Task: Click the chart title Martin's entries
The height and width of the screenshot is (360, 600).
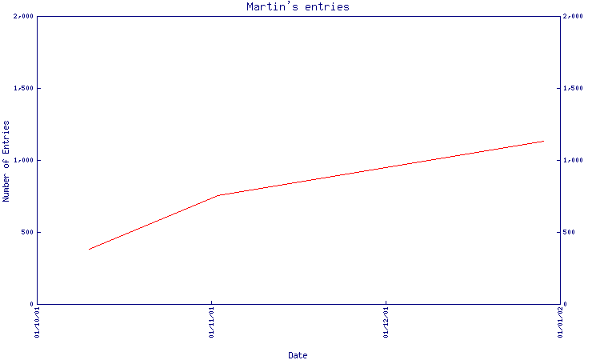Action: point(298,7)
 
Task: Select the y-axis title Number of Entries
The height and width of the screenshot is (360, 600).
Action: point(6,161)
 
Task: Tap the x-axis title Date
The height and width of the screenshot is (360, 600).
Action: point(298,355)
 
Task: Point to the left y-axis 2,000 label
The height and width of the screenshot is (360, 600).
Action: point(23,16)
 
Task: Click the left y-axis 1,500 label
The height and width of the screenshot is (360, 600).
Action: point(23,88)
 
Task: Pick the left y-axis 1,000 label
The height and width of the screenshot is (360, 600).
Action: point(23,160)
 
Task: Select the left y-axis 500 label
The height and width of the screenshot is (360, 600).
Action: point(27,232)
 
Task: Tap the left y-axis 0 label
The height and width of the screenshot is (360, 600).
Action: point(32,304)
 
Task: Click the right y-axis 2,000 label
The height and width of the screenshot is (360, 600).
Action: point(573,16)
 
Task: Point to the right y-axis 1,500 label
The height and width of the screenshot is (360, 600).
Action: point(573,88)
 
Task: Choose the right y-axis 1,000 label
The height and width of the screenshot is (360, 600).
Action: point(573,160)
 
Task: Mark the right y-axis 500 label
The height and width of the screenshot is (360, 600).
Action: point(569,232)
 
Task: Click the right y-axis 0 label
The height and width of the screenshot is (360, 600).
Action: point(565,304)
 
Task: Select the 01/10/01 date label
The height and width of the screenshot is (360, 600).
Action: point(37,322)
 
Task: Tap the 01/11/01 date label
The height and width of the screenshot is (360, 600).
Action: point(212,322)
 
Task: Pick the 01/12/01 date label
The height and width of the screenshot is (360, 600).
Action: point(386,322)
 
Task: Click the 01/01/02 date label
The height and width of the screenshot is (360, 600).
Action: point(560,322)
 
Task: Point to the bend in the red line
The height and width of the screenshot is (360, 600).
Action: point(218,195)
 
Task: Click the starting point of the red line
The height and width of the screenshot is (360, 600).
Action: point(89,250)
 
